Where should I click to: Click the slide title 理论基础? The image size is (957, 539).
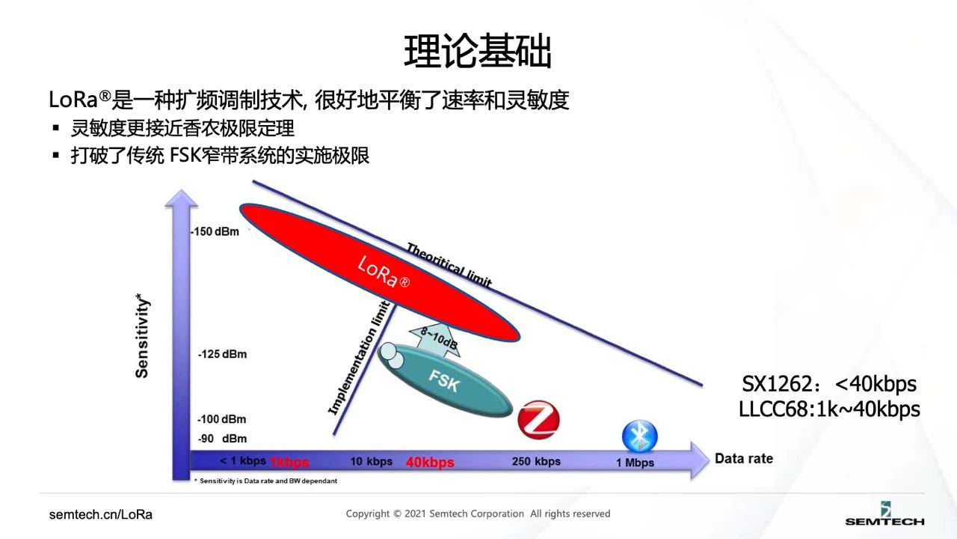tap(478, 52)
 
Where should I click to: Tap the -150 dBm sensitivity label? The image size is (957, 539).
tap(215, 231)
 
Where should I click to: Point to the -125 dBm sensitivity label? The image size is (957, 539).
tap(222, 353)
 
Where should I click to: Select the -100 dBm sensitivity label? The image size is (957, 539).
tap(222, 419)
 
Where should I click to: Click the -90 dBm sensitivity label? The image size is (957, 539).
tap(222, 438)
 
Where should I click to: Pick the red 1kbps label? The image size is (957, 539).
tap(289, 462)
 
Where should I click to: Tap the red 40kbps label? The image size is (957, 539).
tap(430, 462)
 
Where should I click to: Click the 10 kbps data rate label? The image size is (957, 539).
tap(371, 461)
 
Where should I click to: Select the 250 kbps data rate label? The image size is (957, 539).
tap(536, 461)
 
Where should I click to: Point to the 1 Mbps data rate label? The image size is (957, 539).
tap(635, 463)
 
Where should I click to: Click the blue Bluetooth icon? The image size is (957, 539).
tap(640, 436)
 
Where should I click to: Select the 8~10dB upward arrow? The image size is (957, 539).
tap(434, 338)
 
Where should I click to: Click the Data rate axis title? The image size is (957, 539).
tap(744, 458)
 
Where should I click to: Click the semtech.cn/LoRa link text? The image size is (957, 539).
tap(101, 514)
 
